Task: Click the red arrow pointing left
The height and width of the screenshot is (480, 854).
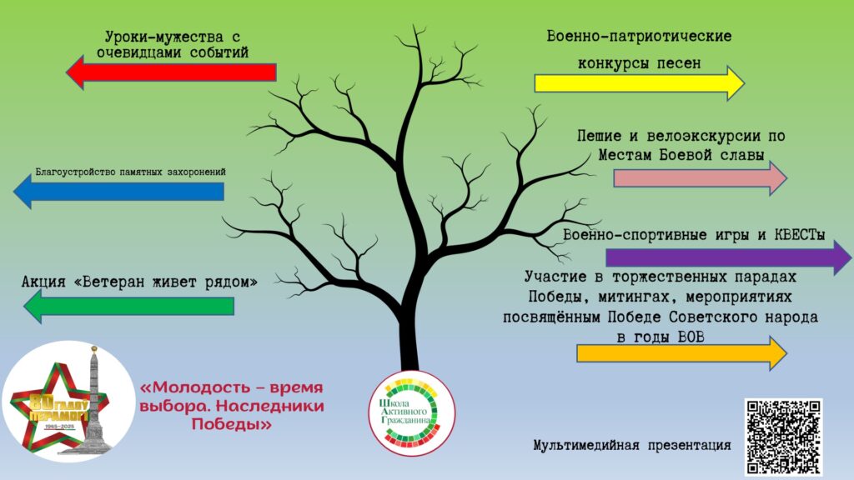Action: (171, 72)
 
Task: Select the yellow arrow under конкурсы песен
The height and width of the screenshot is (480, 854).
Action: (640, 83)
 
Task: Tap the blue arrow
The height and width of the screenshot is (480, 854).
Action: (118, 192)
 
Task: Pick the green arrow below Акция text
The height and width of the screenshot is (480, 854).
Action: (129, 307)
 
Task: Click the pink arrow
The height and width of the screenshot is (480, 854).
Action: (701, 178)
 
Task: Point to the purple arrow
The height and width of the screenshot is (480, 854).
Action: (728, 257)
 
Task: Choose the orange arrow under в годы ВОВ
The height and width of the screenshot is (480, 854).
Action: (682, 353)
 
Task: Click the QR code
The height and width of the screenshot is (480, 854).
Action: (783, 437)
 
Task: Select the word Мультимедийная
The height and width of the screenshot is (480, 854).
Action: (586, 445)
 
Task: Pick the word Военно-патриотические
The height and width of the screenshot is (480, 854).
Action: (639, 37)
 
